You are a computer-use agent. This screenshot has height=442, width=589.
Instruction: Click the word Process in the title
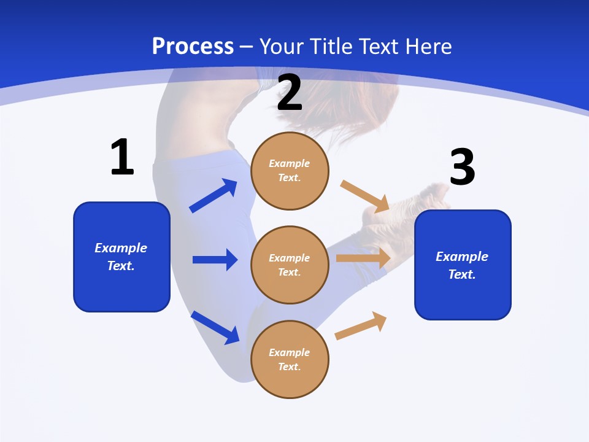tap(193, 47)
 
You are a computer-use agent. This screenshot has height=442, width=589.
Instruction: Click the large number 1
tap(122, 158)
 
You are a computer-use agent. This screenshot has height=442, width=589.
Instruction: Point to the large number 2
tap(290, 93)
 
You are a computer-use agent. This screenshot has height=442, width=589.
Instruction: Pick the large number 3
tap(462, 168)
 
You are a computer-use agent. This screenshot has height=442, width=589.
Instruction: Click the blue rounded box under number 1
tap(121, 257)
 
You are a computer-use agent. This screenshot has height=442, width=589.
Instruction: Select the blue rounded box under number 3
tap(463, 265)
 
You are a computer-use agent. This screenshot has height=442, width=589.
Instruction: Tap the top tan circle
tap(290, 171)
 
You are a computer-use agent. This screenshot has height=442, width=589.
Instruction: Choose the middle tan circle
tap(290, 265)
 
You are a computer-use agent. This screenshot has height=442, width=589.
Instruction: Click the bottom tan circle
tap(290, 360)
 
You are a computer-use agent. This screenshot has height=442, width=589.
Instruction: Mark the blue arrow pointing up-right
tap(214, 195)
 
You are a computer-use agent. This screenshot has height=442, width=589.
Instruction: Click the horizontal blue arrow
tap(215, 260)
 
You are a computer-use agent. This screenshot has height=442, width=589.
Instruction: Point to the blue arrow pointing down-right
tap(215, 327)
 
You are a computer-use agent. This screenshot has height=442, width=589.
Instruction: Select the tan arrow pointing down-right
tap(365, 196)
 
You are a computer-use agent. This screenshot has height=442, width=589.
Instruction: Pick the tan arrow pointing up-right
tap(361, 325)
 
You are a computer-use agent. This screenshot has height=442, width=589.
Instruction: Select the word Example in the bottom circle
tap(290, 352)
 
